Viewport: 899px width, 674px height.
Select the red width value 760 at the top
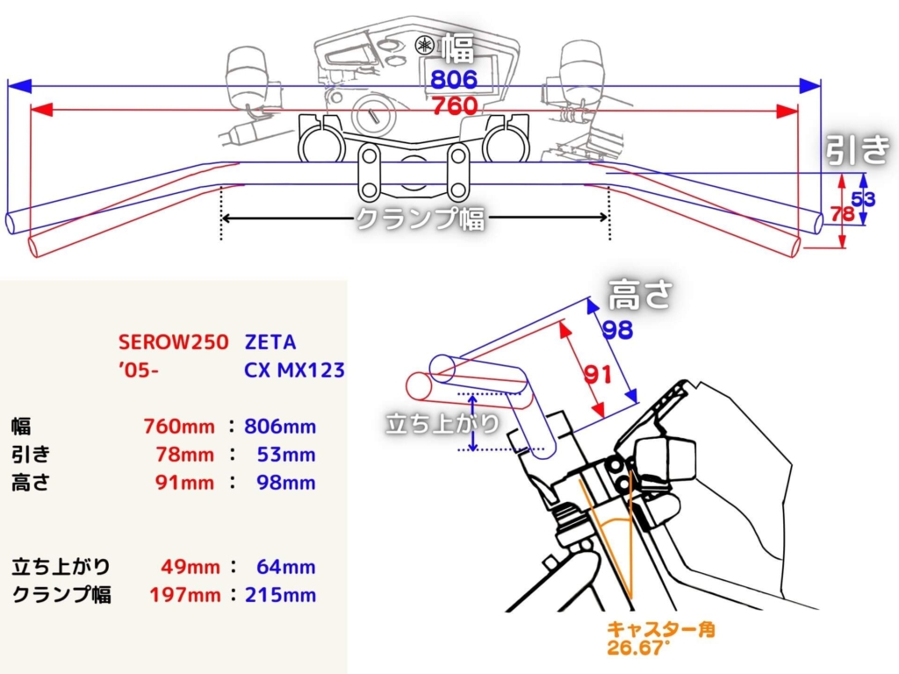coord(454,106)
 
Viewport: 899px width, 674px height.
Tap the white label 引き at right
coord(858,150)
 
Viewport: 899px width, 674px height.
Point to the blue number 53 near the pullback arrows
coord(864,199)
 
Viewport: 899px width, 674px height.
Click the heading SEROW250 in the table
coord(173,341)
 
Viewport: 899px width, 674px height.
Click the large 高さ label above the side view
coord(640,295)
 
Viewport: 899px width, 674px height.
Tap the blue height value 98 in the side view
coord(618,329)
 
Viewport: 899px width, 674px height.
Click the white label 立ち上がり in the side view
coord(442,423)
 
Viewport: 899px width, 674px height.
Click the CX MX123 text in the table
coord(294,369)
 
